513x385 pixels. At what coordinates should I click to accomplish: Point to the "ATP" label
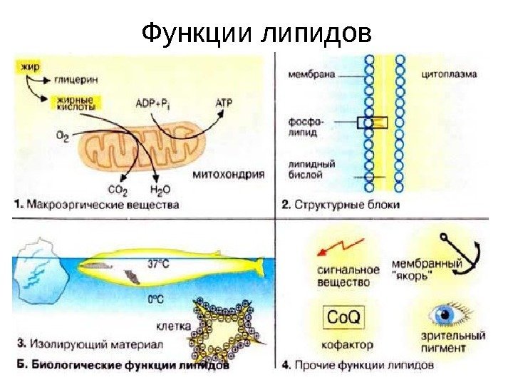click(x=223, y=103)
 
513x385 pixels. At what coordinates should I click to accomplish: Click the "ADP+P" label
click(x=152, y=104)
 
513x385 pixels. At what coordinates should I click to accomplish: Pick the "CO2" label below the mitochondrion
click(x=118, y=191)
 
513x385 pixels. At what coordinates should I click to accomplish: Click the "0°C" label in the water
click(x=155, y=300)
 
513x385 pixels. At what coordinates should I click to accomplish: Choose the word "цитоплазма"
click(x=449, y=73)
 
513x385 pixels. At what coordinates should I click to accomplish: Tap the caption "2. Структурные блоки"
click(x=340, y=205)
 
